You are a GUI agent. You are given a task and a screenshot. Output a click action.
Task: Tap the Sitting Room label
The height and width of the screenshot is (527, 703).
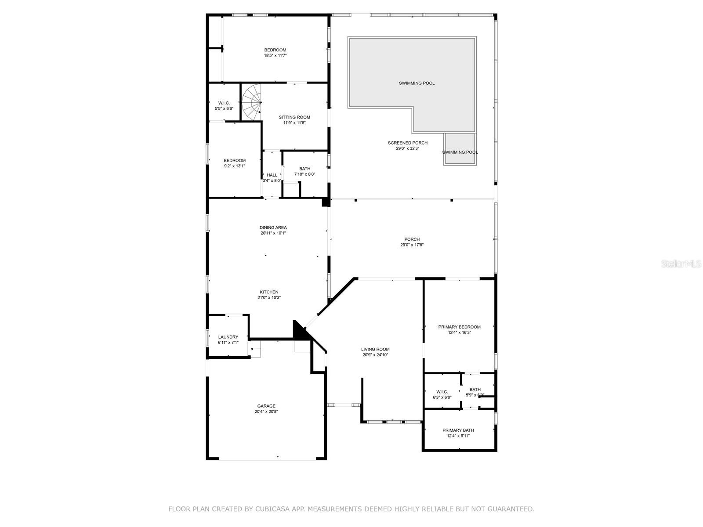(294, 117)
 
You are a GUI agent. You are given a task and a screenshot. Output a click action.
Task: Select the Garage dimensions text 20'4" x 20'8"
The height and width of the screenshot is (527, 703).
(266, 411)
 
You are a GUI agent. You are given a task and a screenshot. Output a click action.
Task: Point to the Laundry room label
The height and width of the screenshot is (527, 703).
(228, 337)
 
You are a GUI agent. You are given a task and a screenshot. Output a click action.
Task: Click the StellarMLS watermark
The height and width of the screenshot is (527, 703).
(681, 263)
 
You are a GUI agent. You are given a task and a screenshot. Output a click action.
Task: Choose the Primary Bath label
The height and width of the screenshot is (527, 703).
(458, 430)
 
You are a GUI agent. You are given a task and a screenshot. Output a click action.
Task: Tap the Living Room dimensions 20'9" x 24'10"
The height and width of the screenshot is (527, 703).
(375, 355)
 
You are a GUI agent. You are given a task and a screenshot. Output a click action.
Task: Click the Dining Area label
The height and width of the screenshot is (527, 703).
(273, 227)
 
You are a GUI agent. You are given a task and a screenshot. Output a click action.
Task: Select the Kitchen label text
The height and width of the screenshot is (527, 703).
(269, 292)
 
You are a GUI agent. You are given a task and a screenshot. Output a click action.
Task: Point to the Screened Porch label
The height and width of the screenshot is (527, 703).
(407, 143)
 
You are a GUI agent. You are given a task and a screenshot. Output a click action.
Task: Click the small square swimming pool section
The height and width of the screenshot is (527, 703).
(460, 149)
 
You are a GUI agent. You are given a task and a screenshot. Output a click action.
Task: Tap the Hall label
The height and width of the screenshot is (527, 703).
(272, 175)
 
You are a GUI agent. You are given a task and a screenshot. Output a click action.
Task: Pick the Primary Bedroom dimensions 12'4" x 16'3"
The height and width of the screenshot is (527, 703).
(459, 332)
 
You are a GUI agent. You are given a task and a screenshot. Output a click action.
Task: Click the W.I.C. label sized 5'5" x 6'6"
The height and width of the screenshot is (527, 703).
(224, 103)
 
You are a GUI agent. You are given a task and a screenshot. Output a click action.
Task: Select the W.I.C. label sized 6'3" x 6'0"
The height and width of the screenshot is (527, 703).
(442, 392)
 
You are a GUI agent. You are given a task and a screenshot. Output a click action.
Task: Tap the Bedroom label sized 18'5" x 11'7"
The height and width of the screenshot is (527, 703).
(275, 50)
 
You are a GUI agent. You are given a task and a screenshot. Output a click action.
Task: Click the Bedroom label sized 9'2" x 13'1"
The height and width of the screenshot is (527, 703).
(235, 160)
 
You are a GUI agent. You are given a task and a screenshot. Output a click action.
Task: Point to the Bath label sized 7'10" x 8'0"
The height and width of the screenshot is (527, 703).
(304, 169)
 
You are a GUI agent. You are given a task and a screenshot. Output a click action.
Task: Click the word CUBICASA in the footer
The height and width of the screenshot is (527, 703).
(271, 509)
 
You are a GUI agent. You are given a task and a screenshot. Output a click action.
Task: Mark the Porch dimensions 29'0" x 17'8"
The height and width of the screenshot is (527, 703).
(412, 245)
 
